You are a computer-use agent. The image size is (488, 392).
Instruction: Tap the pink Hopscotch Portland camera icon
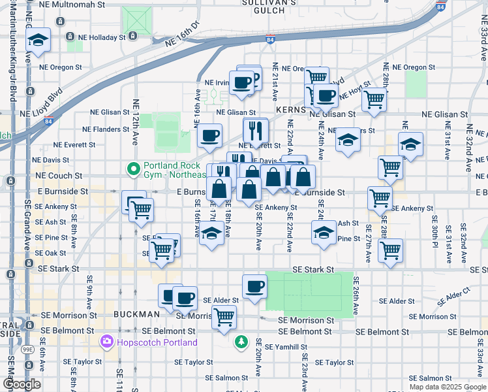[106, 342]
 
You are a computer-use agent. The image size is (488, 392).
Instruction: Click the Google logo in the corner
[22, 384]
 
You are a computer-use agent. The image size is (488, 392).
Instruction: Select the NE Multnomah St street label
[71, 4]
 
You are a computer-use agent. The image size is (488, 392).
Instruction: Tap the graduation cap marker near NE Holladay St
[38, 41]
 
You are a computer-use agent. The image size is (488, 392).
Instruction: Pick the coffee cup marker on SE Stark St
[254, 286]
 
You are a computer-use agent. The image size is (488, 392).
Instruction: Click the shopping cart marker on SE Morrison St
[224, 317]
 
